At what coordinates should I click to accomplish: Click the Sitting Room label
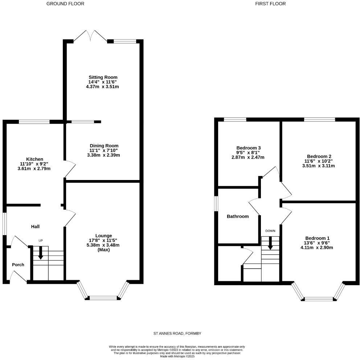[x=103, y=77]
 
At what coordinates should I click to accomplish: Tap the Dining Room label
[x=103, y=146]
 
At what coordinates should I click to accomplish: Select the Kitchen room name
[x=34, y=159]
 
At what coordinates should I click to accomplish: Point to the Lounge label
[x=103, y=236]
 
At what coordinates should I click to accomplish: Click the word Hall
[x=35, y=226]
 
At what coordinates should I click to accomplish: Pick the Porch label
[x=18, y=265]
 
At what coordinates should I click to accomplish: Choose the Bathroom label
[x=238, y=216]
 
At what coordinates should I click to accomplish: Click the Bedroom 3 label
[x=248, y=148]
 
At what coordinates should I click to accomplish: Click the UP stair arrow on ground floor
[x=41, y=252]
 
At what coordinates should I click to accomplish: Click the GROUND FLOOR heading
[x=66, y=4]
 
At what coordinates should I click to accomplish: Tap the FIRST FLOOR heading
[x=270, y=4]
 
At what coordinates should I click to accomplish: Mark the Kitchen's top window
[x=34, y=122]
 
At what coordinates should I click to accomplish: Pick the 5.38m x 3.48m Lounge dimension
[x=103, y=245]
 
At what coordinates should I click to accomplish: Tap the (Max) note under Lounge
[x=103, y=250]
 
